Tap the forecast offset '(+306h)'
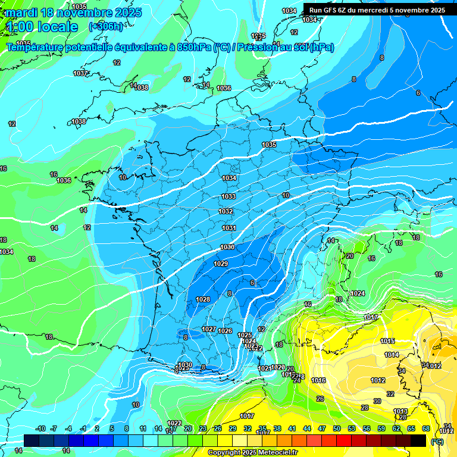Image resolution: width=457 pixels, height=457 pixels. click(x=106, y=26)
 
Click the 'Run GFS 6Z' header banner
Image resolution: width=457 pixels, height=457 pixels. click(x=377, y=10)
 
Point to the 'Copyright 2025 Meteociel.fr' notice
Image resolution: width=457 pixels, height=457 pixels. click(x=253, y=452)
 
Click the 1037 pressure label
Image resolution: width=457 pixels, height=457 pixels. click(x=80, y=73)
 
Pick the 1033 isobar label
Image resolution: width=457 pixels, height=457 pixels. click(x=228, y=196)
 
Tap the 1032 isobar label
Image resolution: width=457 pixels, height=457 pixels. click(x=226, y=211)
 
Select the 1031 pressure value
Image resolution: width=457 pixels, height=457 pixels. click(x=228, y=228)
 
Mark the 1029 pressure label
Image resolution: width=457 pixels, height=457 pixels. click(x=221, y=264)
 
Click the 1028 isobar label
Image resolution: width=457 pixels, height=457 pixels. click(x=202, y=299)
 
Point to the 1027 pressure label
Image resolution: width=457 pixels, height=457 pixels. click(x=208, y=329)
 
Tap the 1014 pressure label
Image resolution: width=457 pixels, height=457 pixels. click(x=391, y=355)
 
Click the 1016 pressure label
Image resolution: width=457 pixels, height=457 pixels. click(x=318, y=380)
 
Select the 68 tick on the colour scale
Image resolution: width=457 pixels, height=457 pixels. click(x=426, y=428)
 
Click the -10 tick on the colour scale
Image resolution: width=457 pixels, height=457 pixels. click(x=40, y=428)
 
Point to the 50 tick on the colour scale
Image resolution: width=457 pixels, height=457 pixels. click(x=337, y=428)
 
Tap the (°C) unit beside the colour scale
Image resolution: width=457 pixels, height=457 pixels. click(x=437, y=441)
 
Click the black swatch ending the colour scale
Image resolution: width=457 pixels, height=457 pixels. click(x=418, y=440)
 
